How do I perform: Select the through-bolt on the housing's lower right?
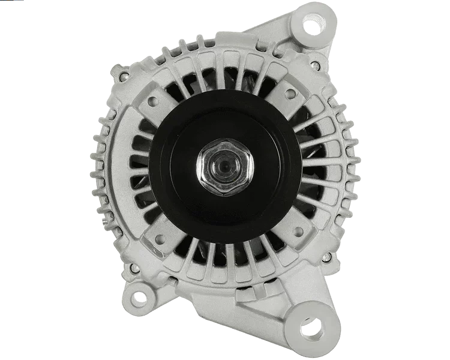pos(326,258)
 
